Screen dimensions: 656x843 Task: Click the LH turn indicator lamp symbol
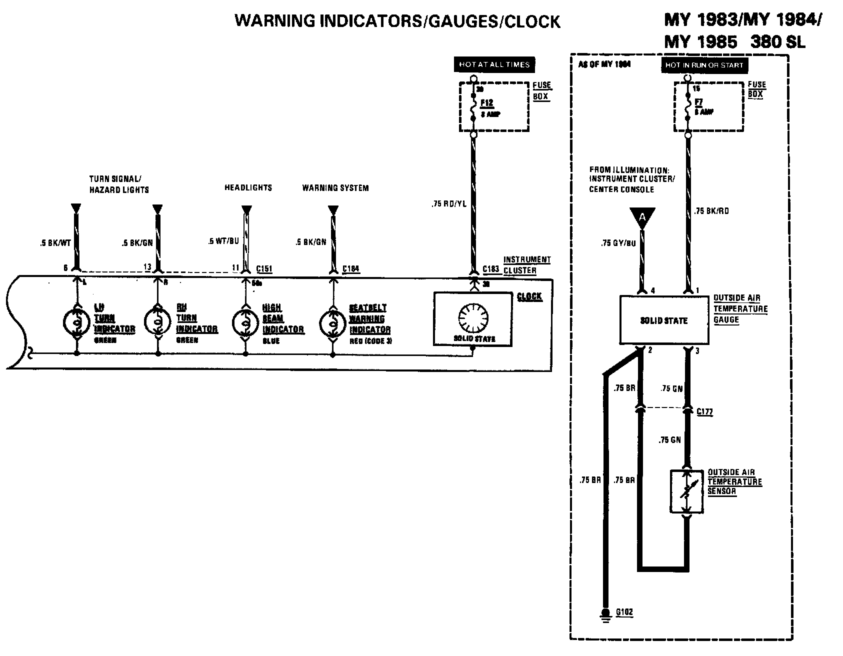tap(76, 322)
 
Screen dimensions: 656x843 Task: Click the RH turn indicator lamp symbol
tap(158, 322)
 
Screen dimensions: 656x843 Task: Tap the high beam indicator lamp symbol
tap(245, 323)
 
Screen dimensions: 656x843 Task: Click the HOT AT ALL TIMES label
tap(493, 64)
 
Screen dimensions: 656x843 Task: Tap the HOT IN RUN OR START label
tap(704, 65)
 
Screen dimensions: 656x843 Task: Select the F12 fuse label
tap(486, 103)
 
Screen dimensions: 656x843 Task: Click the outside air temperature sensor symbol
tap(687, 491)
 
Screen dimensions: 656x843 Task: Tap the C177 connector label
tap(704, 412)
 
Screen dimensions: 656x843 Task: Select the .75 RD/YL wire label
tap(449, 204)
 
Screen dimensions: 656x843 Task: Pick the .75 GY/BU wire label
tap(618, 243)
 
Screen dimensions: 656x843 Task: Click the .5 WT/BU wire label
tap(223, 241)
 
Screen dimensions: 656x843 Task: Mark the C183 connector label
tap(491, 269)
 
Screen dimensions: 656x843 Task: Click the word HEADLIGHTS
tap(248, 187)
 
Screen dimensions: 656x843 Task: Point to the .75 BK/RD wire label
tap(711, 211)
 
